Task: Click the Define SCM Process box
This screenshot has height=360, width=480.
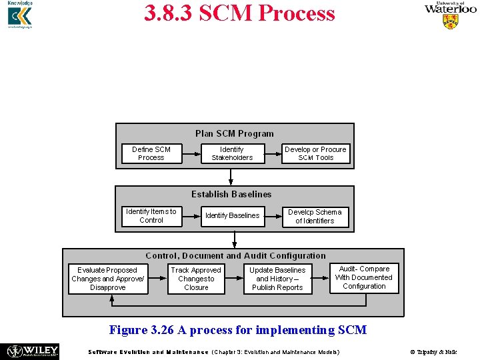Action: [151, 154]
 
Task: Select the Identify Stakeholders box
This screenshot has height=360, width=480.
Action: [232, 154]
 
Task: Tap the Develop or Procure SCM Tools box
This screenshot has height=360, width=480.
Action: [315, 154]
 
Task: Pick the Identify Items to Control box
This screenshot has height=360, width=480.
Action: [151, 216]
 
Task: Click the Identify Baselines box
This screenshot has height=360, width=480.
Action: [232, 216]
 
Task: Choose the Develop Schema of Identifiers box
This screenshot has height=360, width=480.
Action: [315, 217]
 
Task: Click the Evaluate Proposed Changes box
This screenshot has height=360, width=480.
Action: [107, 279]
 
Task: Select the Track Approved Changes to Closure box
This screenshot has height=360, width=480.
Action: [196, 279]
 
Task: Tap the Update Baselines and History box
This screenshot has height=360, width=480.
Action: [277, 279]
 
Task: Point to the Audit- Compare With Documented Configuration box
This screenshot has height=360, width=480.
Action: [364, 278]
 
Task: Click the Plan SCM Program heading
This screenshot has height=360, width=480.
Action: [234, 133]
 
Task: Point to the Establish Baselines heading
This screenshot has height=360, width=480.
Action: [231, 194]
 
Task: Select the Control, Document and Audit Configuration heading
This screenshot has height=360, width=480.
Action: [235, 255]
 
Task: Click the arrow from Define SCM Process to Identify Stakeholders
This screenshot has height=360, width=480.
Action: [191, 154]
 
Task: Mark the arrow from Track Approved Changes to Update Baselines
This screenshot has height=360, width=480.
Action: [234, 279]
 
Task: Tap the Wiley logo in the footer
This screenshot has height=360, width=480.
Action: [33, 351]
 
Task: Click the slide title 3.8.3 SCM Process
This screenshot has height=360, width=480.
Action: [239, 13]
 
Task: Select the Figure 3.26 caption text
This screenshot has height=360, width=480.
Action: [237, 330]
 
